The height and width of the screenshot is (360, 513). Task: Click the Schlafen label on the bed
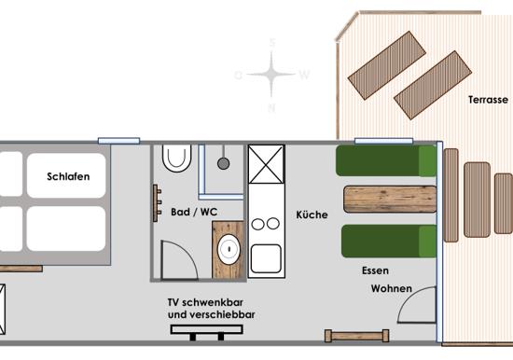point(68,176)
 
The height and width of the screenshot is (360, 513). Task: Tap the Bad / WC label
point(194,212)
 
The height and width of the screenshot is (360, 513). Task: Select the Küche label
point(312,215)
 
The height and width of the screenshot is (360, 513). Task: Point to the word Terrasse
point(488,100)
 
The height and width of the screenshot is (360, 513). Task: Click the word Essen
point(375,270)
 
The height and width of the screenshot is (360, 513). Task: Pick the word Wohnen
point(392,289)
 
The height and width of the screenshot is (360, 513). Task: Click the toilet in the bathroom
point(176,158)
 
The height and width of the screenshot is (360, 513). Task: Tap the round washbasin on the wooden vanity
point(229,249)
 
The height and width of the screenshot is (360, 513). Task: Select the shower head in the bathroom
point(224,163)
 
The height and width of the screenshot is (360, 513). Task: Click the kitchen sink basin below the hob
point(266,259)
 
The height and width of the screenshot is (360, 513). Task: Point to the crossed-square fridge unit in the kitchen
point(266,164)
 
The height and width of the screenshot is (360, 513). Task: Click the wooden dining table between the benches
point(390,199)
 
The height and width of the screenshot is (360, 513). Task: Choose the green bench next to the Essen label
point(389,241)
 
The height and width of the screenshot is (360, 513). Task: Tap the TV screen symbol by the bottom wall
point(207,329)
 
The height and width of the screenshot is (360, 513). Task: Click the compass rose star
point(271,75)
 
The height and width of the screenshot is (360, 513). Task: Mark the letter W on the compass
point(304,75)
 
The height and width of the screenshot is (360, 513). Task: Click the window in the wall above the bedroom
point(119,141)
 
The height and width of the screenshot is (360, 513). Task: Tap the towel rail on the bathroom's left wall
point(157,203)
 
